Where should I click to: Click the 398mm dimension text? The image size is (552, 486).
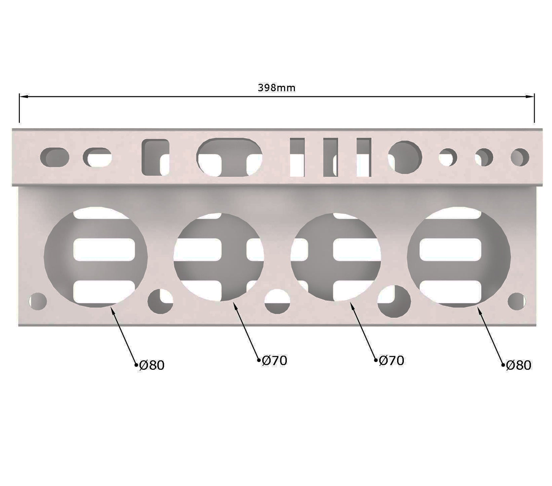tap(277, 88)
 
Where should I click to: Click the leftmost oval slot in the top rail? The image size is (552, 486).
tap(55, 157)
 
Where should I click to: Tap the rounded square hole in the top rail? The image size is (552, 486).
tap(155, 157)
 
